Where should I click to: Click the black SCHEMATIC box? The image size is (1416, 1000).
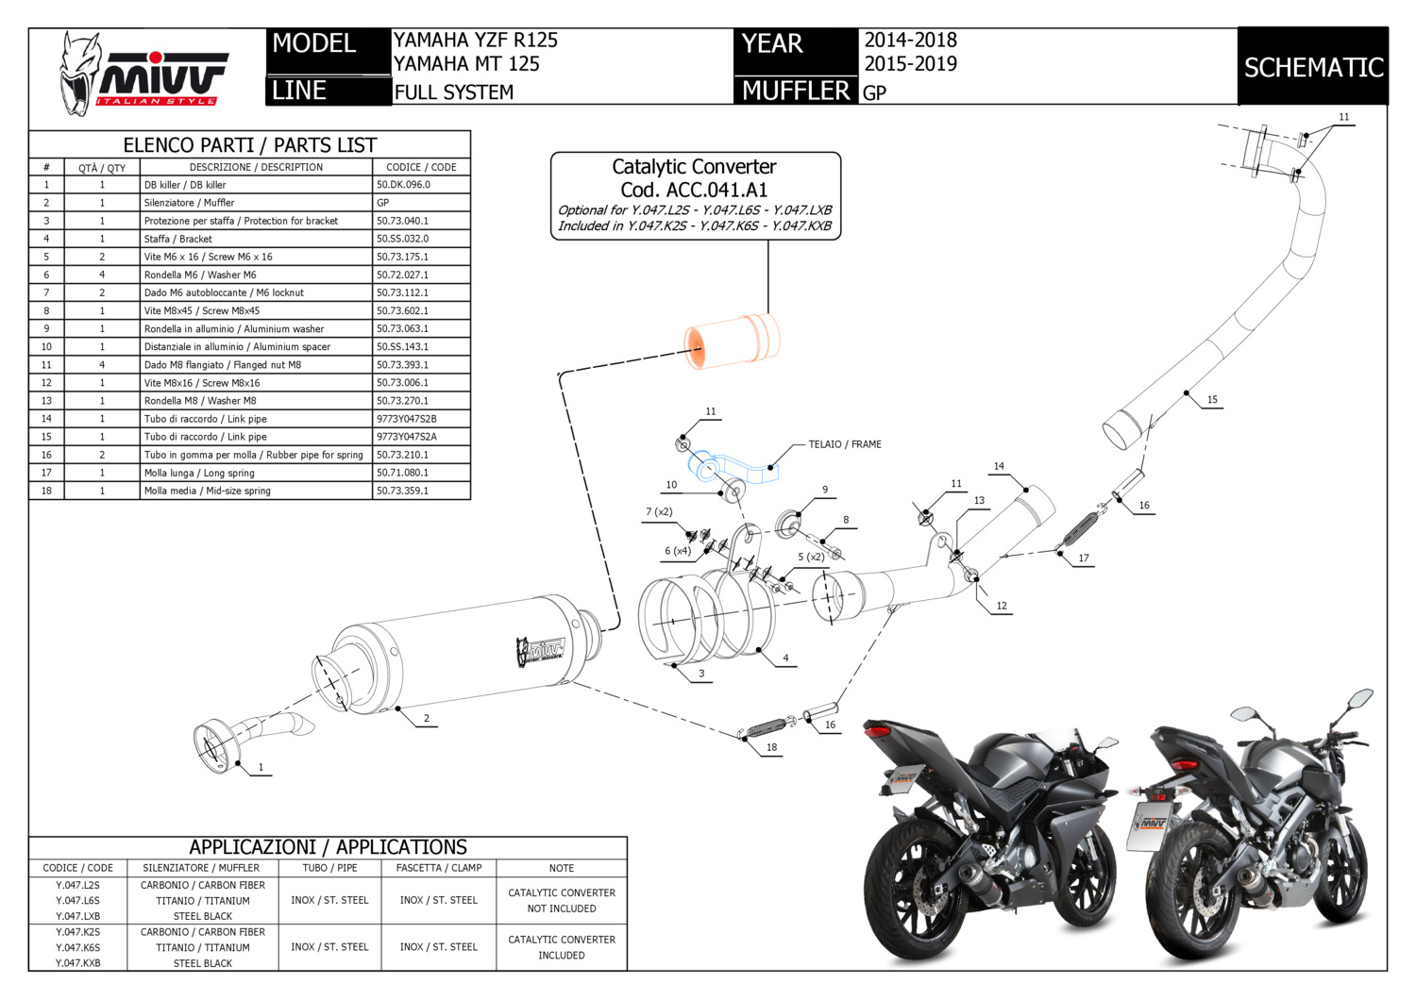(x=1312, y=67)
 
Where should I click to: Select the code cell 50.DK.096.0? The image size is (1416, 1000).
(x=403, y=185)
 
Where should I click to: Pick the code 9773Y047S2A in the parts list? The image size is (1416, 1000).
(x=407, y=437)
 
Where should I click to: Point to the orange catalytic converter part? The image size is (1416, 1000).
(x=732, y=341)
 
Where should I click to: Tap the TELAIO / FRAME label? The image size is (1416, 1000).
(x=845, y=444)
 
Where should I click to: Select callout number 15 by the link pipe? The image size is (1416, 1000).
(x=1212, y=400)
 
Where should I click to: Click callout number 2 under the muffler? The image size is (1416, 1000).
(x=427, y=719)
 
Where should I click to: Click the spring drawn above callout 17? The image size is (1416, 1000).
(x=1080, y=529)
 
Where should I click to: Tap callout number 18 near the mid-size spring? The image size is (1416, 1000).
(x=771, y=747)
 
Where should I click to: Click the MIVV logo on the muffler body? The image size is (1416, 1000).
(x=539, y=651)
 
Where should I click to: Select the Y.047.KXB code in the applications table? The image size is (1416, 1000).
(x=77, y=963)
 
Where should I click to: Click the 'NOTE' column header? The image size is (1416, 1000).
(x=562, y=868)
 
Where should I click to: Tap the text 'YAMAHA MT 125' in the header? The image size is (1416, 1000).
(x=466, y=64)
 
